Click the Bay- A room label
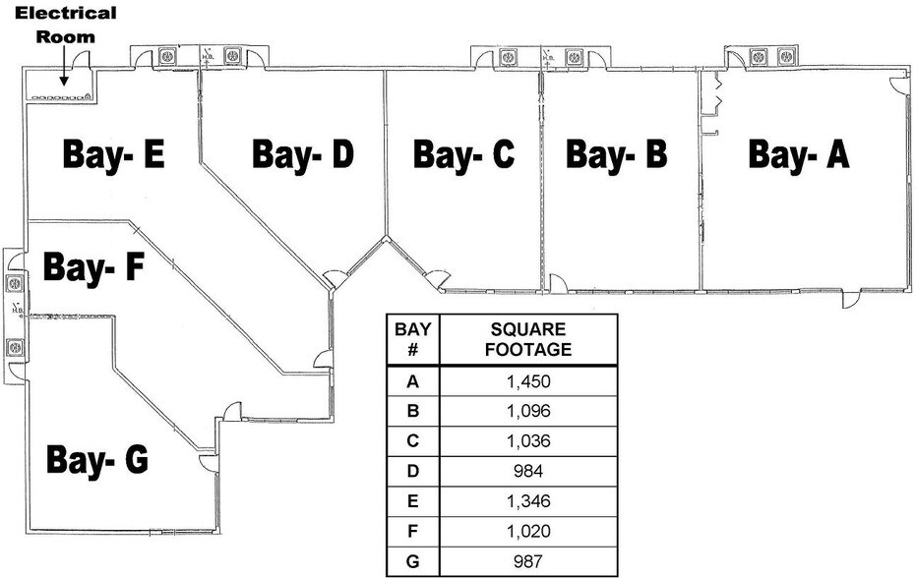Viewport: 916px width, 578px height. [798, 154]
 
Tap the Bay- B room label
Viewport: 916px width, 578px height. [617, 154]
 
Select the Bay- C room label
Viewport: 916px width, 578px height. [463, 154]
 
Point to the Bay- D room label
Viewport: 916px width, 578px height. [302, 154]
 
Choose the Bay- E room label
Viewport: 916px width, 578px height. [113, 154]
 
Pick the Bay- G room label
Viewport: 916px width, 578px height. [97, 458]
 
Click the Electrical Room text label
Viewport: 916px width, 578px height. [66, 25]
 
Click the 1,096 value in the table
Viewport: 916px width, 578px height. [529, 411]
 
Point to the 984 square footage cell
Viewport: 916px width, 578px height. [529, 471]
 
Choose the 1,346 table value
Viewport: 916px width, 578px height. [529, 501]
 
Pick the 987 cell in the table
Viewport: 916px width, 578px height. [529, 561]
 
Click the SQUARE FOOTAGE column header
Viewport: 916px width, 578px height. [529, 338]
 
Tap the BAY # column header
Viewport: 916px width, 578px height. [413, 338]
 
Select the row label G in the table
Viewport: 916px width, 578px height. [413, 561]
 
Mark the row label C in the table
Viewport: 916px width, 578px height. [413, 441]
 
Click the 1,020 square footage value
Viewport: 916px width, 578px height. [529, 531]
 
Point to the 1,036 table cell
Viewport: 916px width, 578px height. [529, 441]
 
